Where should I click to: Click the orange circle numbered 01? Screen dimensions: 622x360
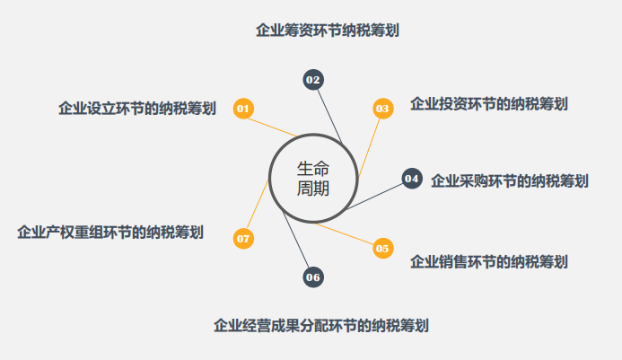[243, 109]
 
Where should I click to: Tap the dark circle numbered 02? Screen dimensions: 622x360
[313, 80]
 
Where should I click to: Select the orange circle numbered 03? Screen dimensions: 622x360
[383, 109]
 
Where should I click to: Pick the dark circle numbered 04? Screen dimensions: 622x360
[412, 179]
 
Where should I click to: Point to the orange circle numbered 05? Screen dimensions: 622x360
[383, 248]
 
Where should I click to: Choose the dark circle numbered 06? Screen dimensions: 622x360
[313, 277]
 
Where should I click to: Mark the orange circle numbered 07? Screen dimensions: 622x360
[243, 239]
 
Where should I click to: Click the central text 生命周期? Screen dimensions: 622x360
[313, 178]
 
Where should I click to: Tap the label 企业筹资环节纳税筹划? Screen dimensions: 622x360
[328, 31]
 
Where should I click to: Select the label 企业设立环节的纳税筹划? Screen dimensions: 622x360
[136, 109]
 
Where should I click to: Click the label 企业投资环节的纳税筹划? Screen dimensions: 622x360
[488, 104]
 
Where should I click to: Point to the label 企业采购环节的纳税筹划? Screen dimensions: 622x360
[509, 180]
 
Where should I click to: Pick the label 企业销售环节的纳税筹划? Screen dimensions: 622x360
[488, 262]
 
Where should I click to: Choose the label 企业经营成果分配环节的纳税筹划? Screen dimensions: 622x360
[320, 325]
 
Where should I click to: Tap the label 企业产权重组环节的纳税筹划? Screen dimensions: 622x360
[110, 233]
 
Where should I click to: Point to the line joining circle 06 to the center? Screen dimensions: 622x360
[296, 242]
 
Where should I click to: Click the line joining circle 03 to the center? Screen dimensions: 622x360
[368, 145]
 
